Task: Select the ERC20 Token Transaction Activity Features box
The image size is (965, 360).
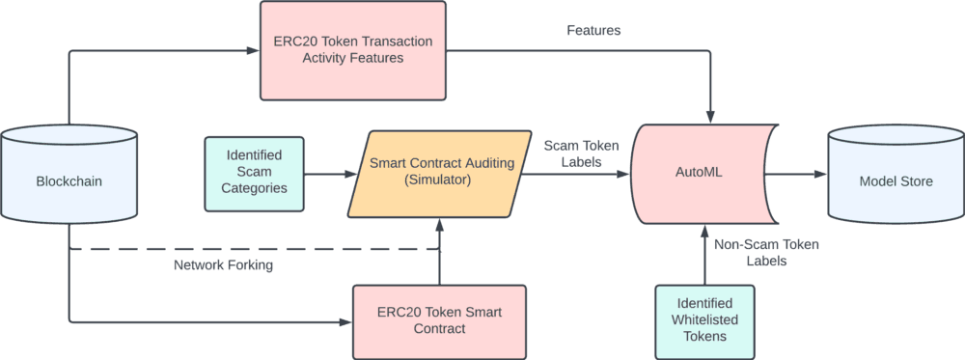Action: pos(352,50)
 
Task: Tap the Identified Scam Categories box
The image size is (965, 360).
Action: pos(254,174)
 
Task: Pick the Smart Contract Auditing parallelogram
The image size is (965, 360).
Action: pos(439,174)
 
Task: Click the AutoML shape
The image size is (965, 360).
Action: pos(705,174)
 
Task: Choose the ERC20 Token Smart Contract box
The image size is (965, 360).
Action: pos(439,321)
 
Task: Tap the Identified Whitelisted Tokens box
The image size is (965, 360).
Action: pos(704,321)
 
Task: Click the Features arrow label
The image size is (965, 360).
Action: pos(593,30)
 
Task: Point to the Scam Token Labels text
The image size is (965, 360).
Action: pos(581,153)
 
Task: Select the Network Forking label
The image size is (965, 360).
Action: pos(224,265)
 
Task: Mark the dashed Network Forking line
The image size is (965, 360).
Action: pos(254,249)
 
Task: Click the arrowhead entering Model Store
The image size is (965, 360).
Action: pos(820,174)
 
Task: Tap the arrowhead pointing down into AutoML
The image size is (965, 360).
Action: pos(711,118)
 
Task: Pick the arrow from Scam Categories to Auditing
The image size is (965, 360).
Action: pos(330,174)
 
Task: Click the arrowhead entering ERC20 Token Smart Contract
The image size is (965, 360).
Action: pos(345,321)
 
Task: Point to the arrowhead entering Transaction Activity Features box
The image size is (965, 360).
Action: pos(253,50)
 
